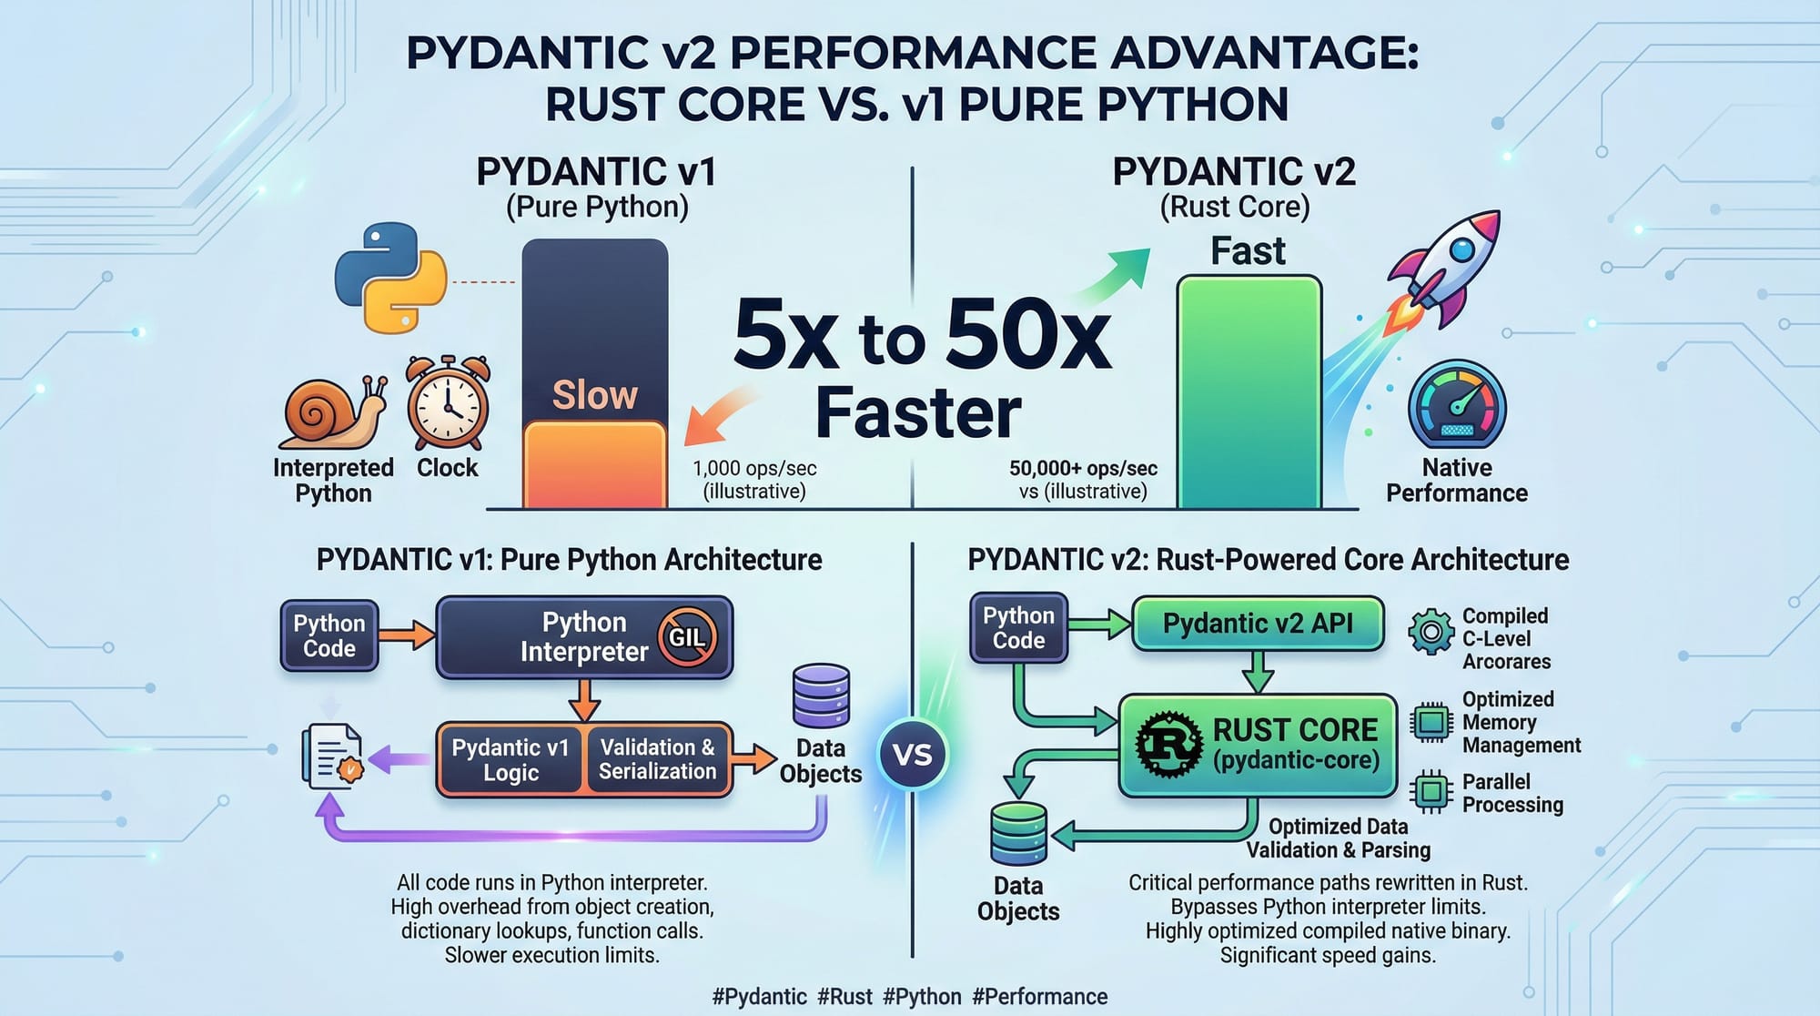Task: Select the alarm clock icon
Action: [448, 403]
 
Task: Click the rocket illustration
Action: [1445, 269]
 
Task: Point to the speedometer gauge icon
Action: [1457, 405]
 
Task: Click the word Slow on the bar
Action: [595, 395]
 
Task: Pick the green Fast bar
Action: [1249, 391]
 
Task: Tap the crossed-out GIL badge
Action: [687, 637]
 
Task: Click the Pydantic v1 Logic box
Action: [510, 759]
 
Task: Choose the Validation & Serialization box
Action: [657, 759]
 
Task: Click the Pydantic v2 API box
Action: [1258, 624]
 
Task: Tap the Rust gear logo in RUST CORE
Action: [1168, 744]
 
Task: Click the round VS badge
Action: [912, 755]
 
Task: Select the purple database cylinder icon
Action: [821, 696]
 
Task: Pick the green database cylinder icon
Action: [1018, 833]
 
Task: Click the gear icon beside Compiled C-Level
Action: [1431, 631]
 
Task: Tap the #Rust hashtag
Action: [844, 997]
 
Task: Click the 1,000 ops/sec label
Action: [754, 469]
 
